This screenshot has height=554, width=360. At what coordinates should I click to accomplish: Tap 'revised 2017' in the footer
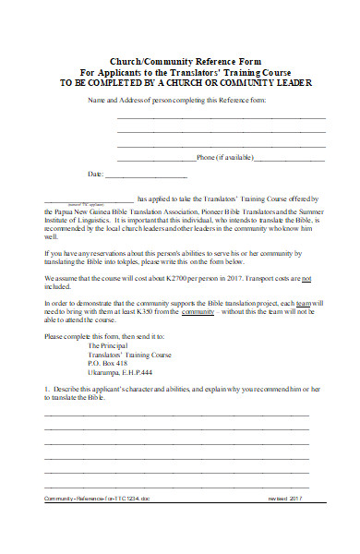click(x=289, y=524)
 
